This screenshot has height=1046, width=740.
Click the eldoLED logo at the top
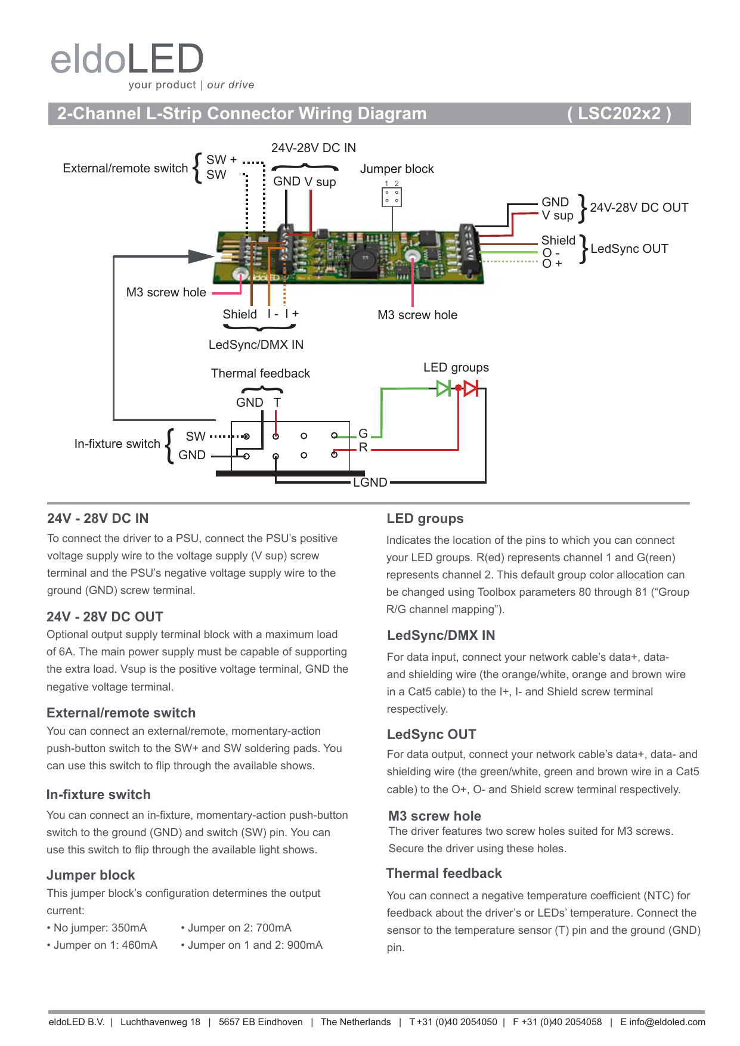coord(128,60)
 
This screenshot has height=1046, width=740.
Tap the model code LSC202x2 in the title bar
coord(619,113)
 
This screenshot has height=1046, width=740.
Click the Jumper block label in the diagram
coord(397,169)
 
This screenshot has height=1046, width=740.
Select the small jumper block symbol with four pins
coord(391,197)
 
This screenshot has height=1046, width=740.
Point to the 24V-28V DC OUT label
coord(639,208)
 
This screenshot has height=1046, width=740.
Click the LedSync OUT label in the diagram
coord(629,249)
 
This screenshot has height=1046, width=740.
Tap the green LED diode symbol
coord(444,389)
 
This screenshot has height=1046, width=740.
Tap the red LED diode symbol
coord(471,389)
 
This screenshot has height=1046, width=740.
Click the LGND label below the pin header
coord(370,482)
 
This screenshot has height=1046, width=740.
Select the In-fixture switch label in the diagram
coord(117,444)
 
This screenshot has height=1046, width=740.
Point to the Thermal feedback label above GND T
coord(261,373)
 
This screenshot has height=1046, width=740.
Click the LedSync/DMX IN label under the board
coord(256,345)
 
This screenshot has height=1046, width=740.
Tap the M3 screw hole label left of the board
coord(166,292)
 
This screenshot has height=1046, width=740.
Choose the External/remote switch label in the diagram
coord(125,168)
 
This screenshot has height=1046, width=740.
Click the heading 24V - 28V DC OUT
coord(105,617)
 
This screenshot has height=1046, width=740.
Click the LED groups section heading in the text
coord(425,519)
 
